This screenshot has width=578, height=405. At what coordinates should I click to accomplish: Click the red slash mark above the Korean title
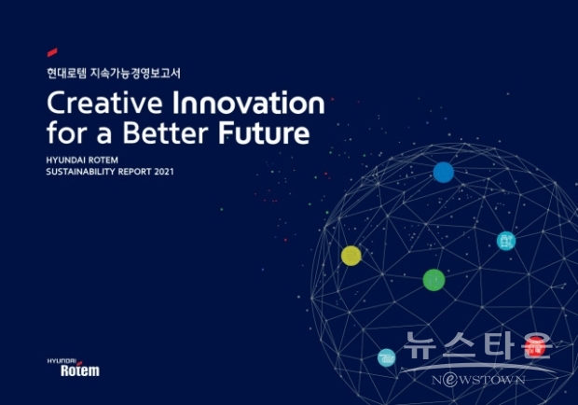point(52,52)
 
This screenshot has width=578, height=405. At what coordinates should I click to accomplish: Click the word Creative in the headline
point(104,103)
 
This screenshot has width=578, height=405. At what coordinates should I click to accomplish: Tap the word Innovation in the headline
point(249,103)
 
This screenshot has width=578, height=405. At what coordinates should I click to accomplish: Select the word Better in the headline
point(166,133)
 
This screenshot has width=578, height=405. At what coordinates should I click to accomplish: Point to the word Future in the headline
point(264,133)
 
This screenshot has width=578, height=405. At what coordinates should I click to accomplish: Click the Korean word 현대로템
point(66,73)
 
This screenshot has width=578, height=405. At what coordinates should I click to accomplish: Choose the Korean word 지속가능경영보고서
point(136,73)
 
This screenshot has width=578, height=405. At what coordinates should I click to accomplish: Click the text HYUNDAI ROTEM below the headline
point(82,161)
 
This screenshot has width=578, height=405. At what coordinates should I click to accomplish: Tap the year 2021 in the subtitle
point(164,172)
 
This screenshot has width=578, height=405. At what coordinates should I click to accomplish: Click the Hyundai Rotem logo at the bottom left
point(74,368)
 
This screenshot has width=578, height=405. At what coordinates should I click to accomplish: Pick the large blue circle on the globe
point(444,173)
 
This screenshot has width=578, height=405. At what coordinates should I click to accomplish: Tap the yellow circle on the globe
point(351,256)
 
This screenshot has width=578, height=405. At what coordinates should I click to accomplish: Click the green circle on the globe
point(433,280)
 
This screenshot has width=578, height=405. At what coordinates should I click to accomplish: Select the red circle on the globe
point(536,347)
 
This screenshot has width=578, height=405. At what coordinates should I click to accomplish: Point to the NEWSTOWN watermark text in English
point(478,379)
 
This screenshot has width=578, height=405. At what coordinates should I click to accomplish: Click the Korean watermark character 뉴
point(420,345)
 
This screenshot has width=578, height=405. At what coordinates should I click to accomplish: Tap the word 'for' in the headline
point(67,133)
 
